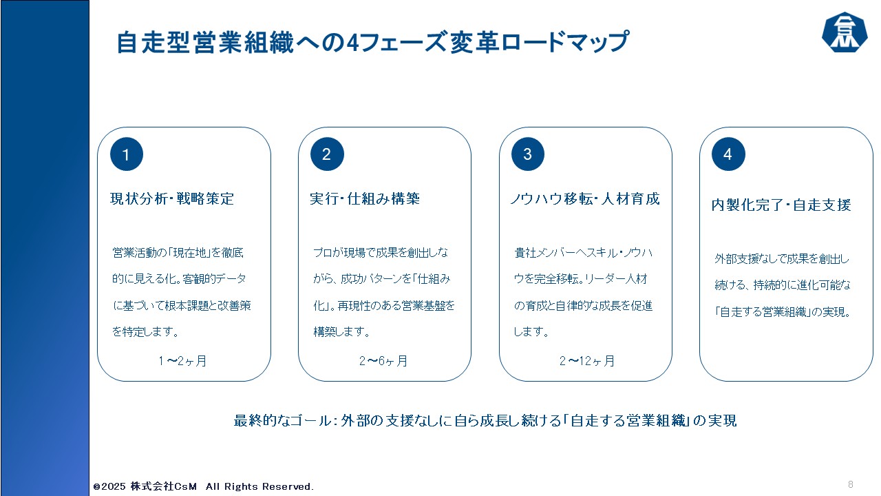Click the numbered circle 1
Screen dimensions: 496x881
click(127, 154)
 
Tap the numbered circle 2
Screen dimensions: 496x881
click(327, 154)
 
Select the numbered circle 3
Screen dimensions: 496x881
click(527, 154)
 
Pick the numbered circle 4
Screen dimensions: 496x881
click(728, 154)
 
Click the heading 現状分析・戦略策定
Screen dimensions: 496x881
click(172, 199)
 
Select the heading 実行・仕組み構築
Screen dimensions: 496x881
click(365, 199)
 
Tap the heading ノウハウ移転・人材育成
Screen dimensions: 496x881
click(584, 199)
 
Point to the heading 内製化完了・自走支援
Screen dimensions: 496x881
click(781, 205)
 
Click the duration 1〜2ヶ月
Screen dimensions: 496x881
click(182, 360)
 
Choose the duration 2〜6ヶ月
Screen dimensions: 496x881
click(383, 360)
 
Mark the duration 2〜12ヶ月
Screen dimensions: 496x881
click(586, 360)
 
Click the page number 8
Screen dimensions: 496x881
click(851, 484)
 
